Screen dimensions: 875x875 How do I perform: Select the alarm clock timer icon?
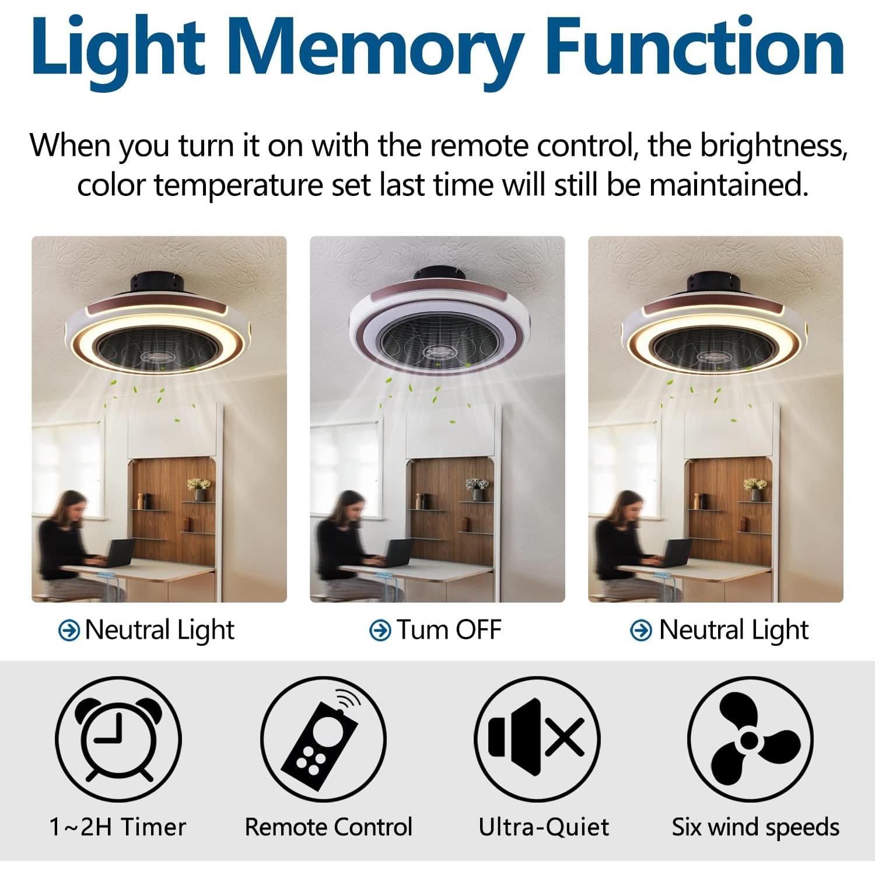click(x=118, y=738)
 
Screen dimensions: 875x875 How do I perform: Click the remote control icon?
click(x=323, y=738)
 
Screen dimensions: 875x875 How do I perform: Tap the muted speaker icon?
click(x=537, y=738)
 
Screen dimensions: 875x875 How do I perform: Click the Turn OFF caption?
click(x=449, y=630)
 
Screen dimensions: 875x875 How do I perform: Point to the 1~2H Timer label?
click(x=118, y=827)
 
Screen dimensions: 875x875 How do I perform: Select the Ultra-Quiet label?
click(x=544, y=827)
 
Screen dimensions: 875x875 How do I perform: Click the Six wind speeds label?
click(x=755, y=827)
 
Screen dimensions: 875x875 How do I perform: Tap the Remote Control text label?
click(x=328, y=827)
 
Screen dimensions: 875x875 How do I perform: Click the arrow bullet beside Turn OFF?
click(x=380, y=630)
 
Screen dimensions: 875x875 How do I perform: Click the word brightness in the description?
click(x=772, y=146)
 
